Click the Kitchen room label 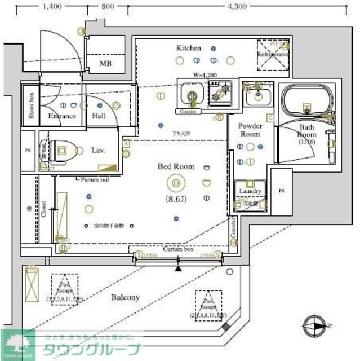coord(188,48)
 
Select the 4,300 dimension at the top coord(237,7)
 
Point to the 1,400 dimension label coord(51,7)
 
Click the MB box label coord(105,64)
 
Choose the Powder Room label coord(250,130)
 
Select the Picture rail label coord(95,179)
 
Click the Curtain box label coord(179,249)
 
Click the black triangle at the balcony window coord(179,269)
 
